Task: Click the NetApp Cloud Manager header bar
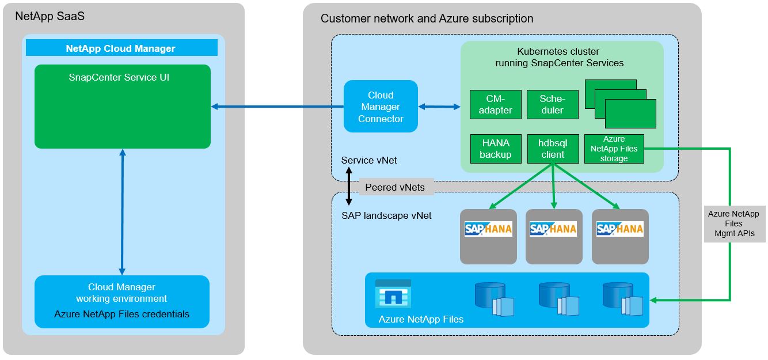[121, 48]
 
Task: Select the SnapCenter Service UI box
[122, 107]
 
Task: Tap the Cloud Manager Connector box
[381, 107]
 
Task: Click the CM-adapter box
[495, 105]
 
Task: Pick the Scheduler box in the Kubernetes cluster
[552, 105]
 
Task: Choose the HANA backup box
[495, 149]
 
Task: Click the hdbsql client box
[552, 149]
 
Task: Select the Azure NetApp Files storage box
[614, 149]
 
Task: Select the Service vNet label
[369, 160]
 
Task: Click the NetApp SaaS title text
[50, 16]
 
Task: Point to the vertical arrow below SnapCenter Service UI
[122, 212]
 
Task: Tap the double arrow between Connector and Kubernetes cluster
[439, 107]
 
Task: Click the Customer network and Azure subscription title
[427, 18]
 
